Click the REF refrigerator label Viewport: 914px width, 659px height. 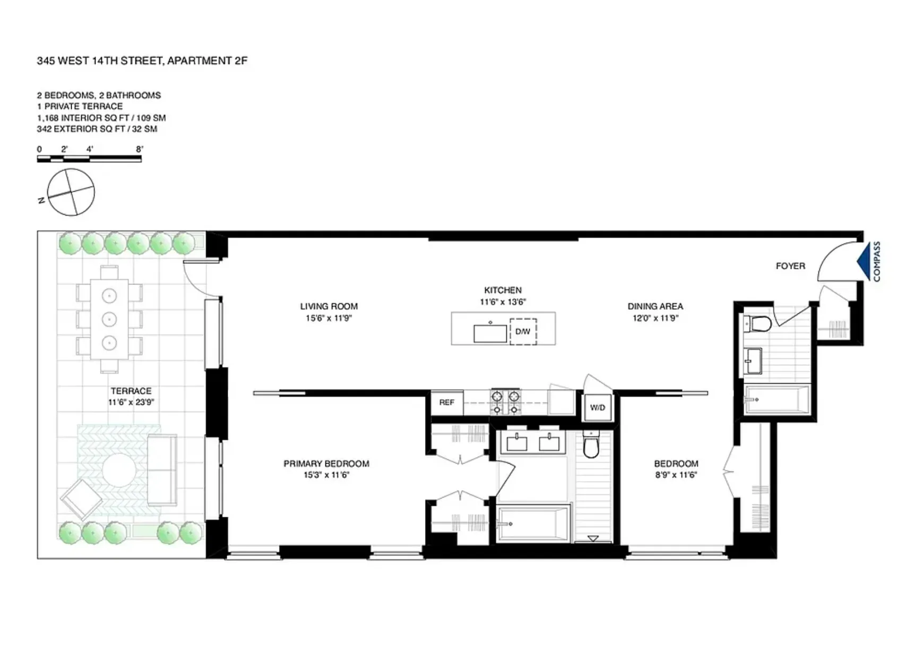tap(446, 403)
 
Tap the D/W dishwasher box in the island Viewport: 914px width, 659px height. tap(523, 331)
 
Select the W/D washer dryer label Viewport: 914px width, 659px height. tap(598, 408)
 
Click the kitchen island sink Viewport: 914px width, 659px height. tap(490, 333)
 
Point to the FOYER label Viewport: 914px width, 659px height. tap(790, 266)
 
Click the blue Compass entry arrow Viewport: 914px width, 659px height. tap(864, 261)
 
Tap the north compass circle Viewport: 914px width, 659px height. tap(71, 192)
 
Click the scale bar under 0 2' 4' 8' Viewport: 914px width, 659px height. tap(89, 159)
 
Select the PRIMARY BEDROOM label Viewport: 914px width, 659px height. tap(326, 464)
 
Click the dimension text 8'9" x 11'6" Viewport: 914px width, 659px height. tap(676, 475)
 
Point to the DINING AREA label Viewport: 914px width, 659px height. tap(655, 306)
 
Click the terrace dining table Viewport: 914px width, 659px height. tap(109, 319)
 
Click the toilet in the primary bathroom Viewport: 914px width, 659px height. tap(591, 446)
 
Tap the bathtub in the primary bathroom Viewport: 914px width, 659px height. tap(533, 524)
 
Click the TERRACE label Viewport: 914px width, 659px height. tap(131, 391)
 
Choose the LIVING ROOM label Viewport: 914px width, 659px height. tap(329, 306)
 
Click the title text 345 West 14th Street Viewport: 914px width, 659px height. tap(142, 61)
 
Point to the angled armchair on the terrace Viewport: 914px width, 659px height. tap(81, 500)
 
